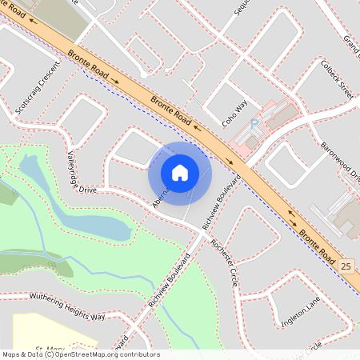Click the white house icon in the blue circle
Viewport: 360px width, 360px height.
click(180, 172)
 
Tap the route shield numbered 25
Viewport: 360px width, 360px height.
click(346, 266)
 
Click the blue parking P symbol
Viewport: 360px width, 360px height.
click(254, 124)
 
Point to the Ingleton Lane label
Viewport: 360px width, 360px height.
click(300, 314)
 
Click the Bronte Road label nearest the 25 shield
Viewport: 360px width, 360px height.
click(318, 244)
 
